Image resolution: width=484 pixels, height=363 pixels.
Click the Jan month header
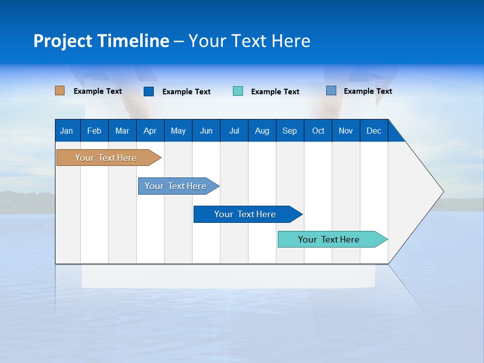67,131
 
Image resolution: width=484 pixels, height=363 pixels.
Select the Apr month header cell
150,131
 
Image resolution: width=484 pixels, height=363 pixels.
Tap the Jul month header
234,131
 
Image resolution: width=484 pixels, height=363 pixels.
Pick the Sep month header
289,131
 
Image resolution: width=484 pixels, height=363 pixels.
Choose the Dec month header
374,131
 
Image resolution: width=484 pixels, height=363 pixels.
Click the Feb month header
94,131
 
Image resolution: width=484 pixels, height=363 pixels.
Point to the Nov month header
345,131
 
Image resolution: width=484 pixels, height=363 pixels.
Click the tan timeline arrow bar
106,158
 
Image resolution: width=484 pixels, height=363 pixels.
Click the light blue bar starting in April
176,186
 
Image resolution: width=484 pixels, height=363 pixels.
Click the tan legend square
60,91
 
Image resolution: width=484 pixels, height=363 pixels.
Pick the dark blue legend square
149,91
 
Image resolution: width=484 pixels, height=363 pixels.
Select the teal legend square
238,91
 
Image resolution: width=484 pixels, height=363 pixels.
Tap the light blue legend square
331,91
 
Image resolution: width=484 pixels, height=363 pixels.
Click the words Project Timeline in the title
101,41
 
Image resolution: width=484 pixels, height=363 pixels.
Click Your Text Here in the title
249,41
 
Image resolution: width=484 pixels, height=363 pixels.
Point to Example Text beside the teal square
275,91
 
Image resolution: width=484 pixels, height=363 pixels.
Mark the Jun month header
206,131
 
